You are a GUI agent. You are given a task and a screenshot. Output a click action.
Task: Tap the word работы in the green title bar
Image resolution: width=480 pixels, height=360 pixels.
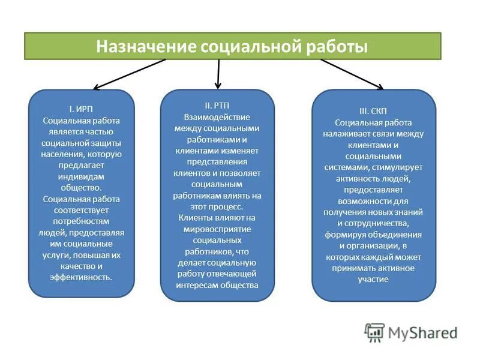coord(332,47)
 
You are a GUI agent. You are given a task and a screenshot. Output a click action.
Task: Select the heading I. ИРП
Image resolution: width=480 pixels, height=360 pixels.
coord(82,109)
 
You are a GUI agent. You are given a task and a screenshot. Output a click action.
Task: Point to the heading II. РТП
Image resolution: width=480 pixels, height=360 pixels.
coord(217,105)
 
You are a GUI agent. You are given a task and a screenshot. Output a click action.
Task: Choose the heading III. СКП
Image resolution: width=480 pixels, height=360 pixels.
coord(374,111)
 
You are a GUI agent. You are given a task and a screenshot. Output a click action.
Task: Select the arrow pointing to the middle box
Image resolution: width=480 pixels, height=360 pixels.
coord(218,74)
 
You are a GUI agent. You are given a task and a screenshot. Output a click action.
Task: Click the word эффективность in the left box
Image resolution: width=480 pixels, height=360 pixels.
coord(82,277)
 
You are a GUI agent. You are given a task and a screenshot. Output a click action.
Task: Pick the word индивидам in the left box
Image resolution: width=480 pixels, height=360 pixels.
coord(82,176)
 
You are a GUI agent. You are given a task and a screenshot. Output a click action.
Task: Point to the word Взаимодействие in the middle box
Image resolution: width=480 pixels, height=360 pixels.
coord(217,116)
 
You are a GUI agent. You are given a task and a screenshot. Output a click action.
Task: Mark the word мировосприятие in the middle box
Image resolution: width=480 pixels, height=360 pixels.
coord(217,229)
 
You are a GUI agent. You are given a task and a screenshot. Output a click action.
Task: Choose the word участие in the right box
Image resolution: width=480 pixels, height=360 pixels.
coord(373,279)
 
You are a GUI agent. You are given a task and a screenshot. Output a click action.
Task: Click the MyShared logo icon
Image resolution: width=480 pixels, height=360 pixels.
coord(374,332)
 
